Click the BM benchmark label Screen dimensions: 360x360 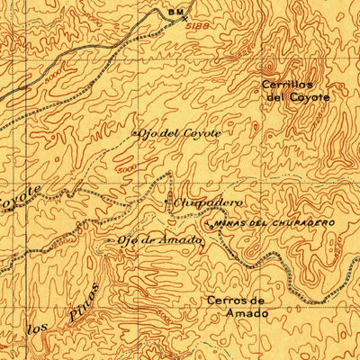(x=175, y=11)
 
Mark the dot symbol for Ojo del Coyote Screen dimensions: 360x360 (x=136, y=134)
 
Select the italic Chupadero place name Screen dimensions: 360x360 (x=199, y=203)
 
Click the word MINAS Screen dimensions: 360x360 (x=229, y=222)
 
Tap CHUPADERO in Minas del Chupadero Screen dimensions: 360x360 (x=304, y=221)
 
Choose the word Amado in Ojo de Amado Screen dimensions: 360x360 (x=165, y=238)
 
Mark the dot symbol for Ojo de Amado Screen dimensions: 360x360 (x=112, y=241)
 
